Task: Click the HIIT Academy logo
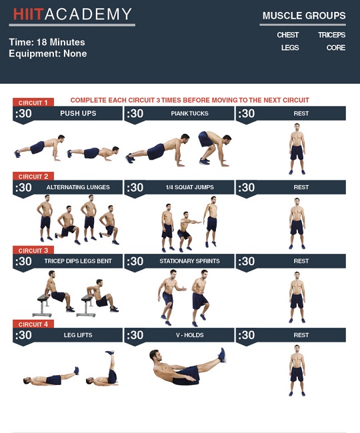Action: tap(73, 15)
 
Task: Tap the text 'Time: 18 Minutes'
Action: tap(47, 42)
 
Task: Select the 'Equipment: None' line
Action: tap(48, 53)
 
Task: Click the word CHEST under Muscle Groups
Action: tap(288, 35)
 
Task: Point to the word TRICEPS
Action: tap(331, 35)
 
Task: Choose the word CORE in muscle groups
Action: tap(336, 48)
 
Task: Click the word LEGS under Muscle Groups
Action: tap(290, 48)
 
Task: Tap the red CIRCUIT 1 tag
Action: tap(33, 103)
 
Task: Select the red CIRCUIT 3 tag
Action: tap(33, 250)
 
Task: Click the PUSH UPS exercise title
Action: tap(78, 113)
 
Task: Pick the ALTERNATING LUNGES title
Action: tap(78, 187)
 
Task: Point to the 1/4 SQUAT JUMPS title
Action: tap(189, 187)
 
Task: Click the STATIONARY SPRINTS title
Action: tap(189, 261)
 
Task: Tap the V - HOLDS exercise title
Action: tap(189, 335)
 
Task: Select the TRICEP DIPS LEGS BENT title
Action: tap(78, 261)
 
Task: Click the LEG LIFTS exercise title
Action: tap(78, 335)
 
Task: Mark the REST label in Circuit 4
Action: tap(301, 335)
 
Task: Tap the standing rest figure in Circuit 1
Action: tap(297, 150)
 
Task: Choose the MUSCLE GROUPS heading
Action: tap(304, 15)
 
